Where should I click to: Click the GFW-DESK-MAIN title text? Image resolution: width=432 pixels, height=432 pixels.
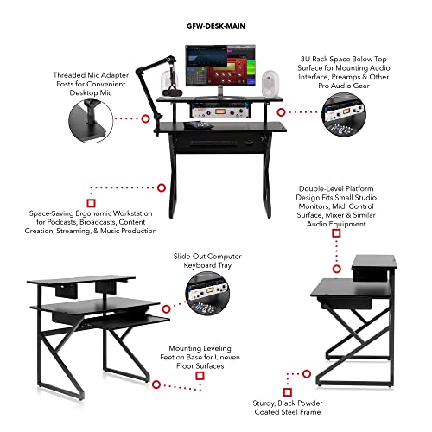coord(216,26)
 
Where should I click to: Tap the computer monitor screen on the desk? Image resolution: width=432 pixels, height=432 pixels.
coord(220,66)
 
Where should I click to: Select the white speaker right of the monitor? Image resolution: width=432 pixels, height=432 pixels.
coord(270,84)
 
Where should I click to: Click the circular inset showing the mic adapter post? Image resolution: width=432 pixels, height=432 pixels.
coord(91,121)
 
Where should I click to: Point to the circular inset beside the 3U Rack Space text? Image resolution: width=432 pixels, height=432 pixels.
coord(344,114)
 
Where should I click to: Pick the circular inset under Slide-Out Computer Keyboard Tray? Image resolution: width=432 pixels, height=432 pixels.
coord(207,294)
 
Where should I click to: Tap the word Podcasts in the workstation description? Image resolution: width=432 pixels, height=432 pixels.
coord(62,222)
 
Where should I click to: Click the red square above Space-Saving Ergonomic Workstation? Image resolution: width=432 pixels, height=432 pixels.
coord(92,203)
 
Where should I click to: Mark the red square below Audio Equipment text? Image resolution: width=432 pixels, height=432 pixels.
coord(336,233)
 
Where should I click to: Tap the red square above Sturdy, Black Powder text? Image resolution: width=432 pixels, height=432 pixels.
coord(288,392)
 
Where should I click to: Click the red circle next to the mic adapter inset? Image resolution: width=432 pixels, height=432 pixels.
coord(146,118)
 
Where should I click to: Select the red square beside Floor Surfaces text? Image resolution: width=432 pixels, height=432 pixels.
coord(200,376)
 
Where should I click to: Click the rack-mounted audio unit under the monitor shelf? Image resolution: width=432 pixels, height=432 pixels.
coord(220,111)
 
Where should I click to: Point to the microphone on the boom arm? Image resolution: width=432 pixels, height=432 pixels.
coord(172,92)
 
